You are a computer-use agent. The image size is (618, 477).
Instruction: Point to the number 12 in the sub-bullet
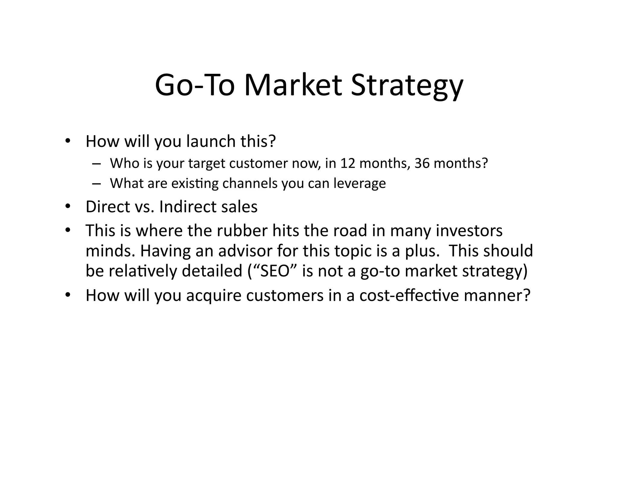pyautogui.click(x=348, y=163)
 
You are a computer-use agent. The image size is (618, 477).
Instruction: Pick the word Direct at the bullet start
pyautogui.click(x=108, y=207)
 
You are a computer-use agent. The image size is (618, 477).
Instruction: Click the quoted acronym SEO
pyautogui.click(x=273, y=271)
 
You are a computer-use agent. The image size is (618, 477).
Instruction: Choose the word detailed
pyautogui.click(x=212, y=271)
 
